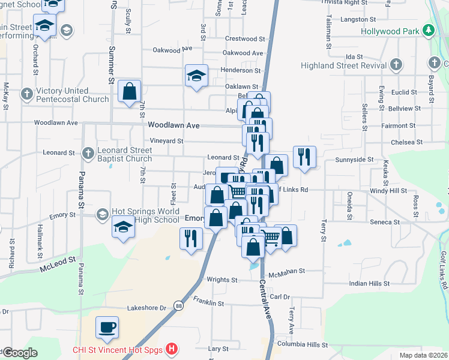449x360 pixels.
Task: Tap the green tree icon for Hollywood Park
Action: tap(428, 30)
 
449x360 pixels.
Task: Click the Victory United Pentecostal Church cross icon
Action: tap(27, 94)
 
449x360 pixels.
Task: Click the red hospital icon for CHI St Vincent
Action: tap(172, 349)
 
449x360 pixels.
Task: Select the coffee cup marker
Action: tap(107, 328)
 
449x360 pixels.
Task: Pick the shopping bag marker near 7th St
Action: tap(130, 92)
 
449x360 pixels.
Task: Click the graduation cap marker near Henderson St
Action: tap(196, 76)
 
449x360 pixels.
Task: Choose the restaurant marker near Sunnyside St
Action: tap(304, 157)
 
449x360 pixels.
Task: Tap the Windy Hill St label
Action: tap(388, 190)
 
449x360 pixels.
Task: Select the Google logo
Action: tap(20, 353)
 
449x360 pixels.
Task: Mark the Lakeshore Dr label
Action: tap(146, 308)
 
